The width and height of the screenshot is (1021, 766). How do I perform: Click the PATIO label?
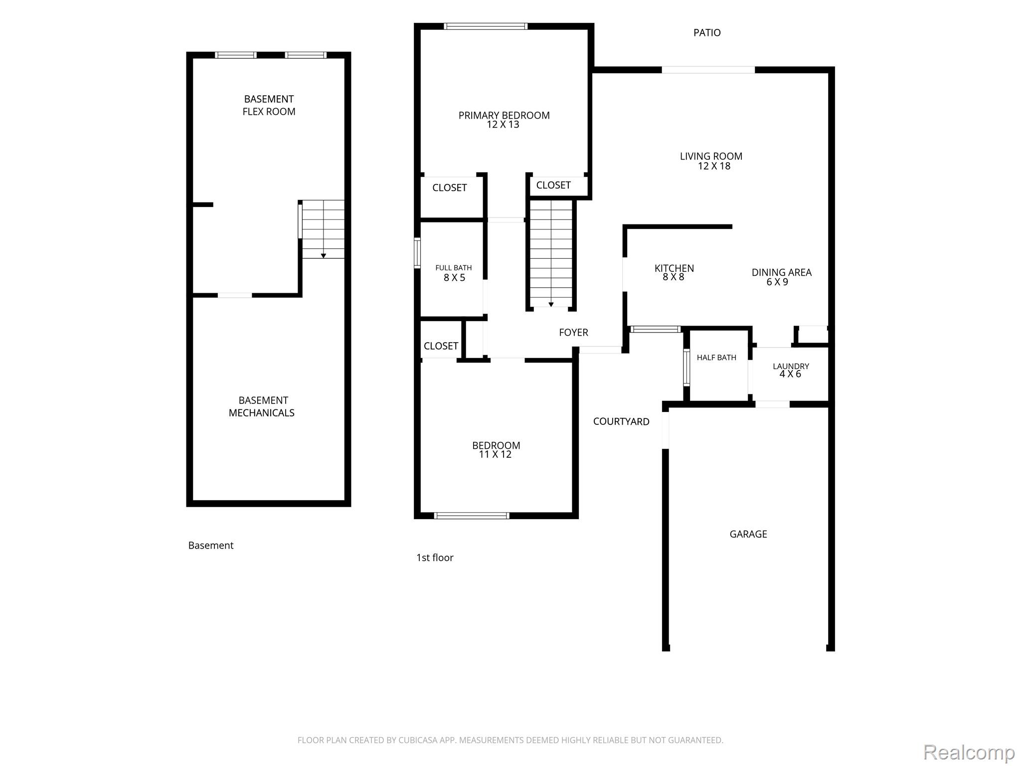point(707,33)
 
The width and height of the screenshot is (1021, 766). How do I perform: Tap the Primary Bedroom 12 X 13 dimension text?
point(503,125)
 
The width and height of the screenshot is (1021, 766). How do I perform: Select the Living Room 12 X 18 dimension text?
point(714,166)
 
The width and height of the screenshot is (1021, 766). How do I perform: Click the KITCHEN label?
point(674,268)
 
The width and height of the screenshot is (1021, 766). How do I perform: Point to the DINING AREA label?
point(781,272)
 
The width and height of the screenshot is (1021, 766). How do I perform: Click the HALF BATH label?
point(716,358)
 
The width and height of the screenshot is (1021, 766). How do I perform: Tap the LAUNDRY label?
point(791,366)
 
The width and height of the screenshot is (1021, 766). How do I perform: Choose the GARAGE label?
point(748,534)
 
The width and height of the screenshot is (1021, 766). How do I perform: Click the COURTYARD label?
point(621,421)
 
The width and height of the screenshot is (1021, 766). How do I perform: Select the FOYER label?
point(573,332)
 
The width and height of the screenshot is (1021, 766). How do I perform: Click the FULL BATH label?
point(453,268)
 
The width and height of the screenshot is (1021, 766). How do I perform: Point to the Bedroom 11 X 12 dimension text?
point(495,454)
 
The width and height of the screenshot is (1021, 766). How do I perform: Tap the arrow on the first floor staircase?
point(551,304)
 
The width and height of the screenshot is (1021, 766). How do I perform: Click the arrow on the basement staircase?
point(323,256)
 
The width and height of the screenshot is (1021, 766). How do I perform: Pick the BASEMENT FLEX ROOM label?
point(269,105)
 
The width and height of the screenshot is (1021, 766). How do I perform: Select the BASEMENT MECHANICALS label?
point(262,406)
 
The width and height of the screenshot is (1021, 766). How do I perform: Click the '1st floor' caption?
point(435,558)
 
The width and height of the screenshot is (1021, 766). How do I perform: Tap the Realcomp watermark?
point(969,752)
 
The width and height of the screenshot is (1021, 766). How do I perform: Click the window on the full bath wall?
point(417,253)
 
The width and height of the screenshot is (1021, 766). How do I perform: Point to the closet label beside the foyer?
point(441,346)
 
